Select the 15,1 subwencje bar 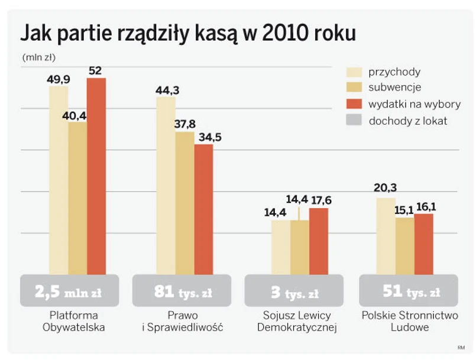pos(404,245)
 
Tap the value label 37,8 pos(184,125)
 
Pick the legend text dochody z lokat pos(408,121)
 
